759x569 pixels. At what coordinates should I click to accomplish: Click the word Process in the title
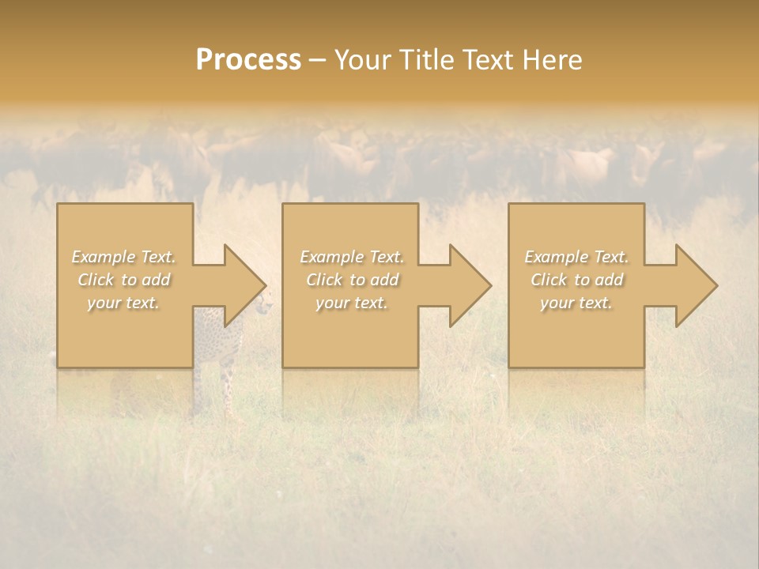248,60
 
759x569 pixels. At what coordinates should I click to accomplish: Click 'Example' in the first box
104,257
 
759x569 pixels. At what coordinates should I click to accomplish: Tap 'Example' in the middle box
332,257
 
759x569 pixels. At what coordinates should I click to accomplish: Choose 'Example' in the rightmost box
557,257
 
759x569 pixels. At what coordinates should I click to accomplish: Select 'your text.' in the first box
123,303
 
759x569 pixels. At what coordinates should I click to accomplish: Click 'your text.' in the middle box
351,303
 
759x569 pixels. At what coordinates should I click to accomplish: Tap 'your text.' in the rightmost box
576,303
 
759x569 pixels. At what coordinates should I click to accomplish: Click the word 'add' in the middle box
384,280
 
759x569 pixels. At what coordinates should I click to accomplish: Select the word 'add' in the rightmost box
609,280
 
